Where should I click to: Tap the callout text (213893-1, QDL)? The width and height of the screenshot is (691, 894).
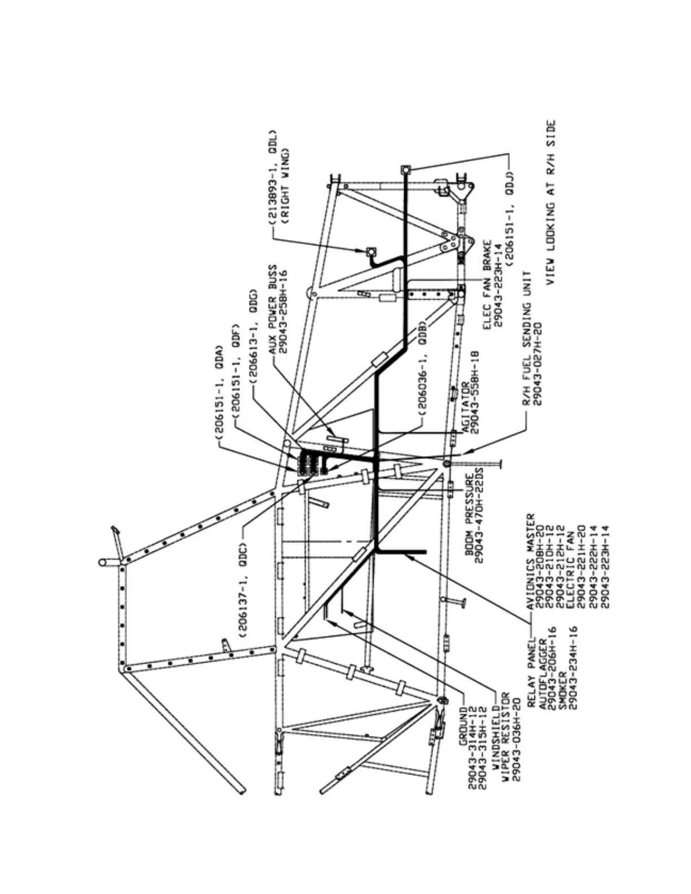pyautogui.click(x=273, y=179)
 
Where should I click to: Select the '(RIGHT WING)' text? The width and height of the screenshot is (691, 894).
pyautogui.click(x=285, y=186)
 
